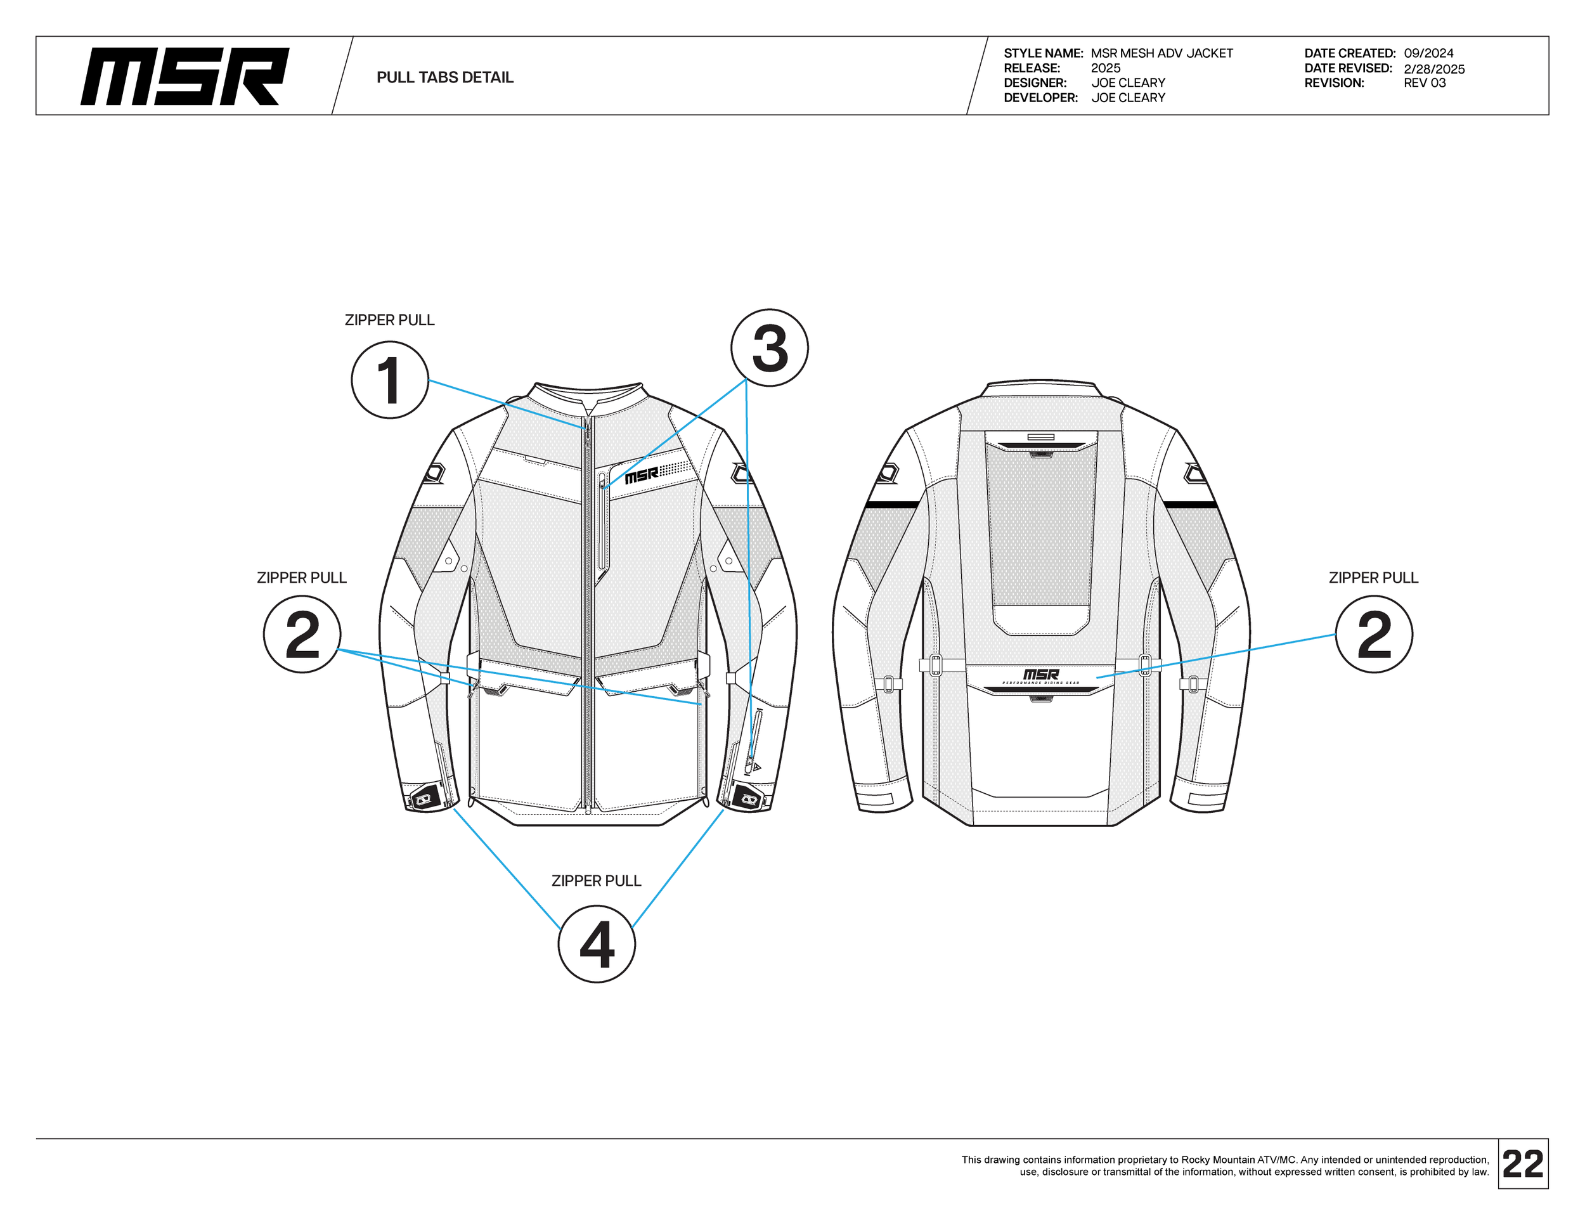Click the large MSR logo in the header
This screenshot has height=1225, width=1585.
click(x=185, y=77)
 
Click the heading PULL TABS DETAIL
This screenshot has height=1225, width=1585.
click(x=445, y=77)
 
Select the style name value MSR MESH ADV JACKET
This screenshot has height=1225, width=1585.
click(x=1161, y=53)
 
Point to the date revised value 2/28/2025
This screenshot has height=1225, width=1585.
click(x=1434, y=69)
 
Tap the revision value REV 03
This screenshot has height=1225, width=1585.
click(x=1424, y=82)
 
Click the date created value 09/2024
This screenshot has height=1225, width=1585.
click(x=1428, y=53)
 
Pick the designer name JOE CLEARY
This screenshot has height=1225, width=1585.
click(x=1128, y=82)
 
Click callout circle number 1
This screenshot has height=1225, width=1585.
click(x=390, y=380)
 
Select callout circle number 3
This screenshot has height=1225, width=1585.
click(x=769, y=347)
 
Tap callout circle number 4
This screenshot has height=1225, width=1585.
click(x=597, y=944)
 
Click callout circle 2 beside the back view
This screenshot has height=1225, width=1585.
click(x=1374, y=634)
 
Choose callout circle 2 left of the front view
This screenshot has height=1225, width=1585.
click(x=302, y=634)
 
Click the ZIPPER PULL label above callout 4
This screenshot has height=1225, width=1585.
click(x=597, y=880)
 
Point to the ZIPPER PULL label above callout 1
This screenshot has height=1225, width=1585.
click(x=390, y=320)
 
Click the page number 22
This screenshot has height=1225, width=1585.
click(x=1523, y=1164)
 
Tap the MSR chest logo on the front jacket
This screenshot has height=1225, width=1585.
click(x=642, y=476)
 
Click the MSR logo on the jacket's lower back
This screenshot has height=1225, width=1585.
click(x=1040, y=675)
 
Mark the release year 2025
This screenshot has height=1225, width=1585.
click(x=1105, y=68)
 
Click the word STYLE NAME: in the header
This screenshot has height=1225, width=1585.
click(x=1043, y=53)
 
